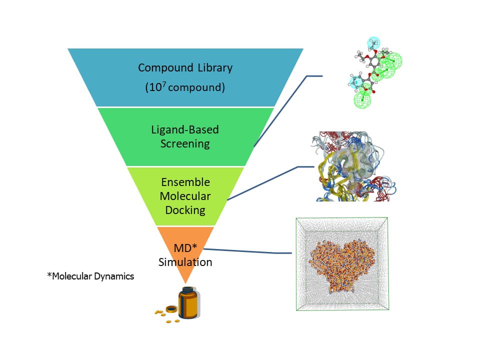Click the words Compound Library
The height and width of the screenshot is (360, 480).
pyautogui.click(x=185, y=67)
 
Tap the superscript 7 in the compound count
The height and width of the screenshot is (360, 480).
pyautogui.click(x=162, y=83)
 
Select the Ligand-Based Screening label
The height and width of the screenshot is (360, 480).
pyautogui.click(x=185, y=136)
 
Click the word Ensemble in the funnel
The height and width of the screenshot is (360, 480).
pyautogui.click(x=185, y=181)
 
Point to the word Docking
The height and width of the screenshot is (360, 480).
pyautogui.click(x=185, y=209)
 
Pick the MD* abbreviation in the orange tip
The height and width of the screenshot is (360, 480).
pyautogui.click(x=185, y=248)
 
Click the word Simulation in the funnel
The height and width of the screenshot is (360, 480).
pyautogui.click(x=185, y=262)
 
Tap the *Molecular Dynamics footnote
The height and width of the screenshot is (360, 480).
pyautogui.click(x=90, y=276)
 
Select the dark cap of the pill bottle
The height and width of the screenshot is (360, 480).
pyautogui.click(x=187, y=289)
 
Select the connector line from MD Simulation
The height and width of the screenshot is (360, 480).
pyautogui.click(x=245, y=250)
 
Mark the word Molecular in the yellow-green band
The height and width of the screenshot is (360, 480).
pyautogui.click(x=185, y=195)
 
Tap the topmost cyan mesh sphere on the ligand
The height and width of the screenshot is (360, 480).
pyautogui.click(x=373, y=42)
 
